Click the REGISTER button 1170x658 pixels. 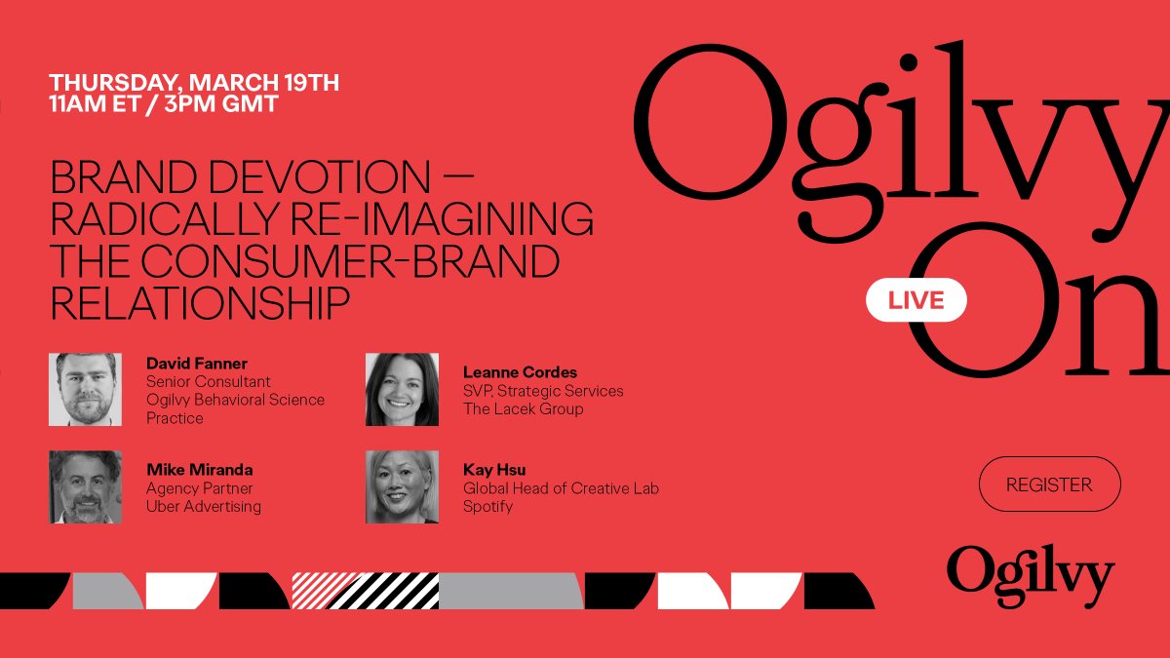(x=1049, y=484)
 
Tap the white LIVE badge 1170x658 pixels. (x=916, y=300)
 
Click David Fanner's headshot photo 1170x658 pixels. (x=85, y=389)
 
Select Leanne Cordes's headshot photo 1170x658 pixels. (x=402, y=389)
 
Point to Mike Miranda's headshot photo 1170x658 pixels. (x=85, y=486)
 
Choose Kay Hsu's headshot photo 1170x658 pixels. (x=402, y=486)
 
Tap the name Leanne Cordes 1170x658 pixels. (x=520, y=372)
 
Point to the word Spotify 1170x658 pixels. (x=487, y=506)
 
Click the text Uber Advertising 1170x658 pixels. (x=204, y=506)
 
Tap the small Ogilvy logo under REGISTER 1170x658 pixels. (x=1030, y=574)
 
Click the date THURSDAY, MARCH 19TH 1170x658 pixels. (x=194, y=83)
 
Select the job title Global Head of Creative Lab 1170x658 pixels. (x=561, y=487)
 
